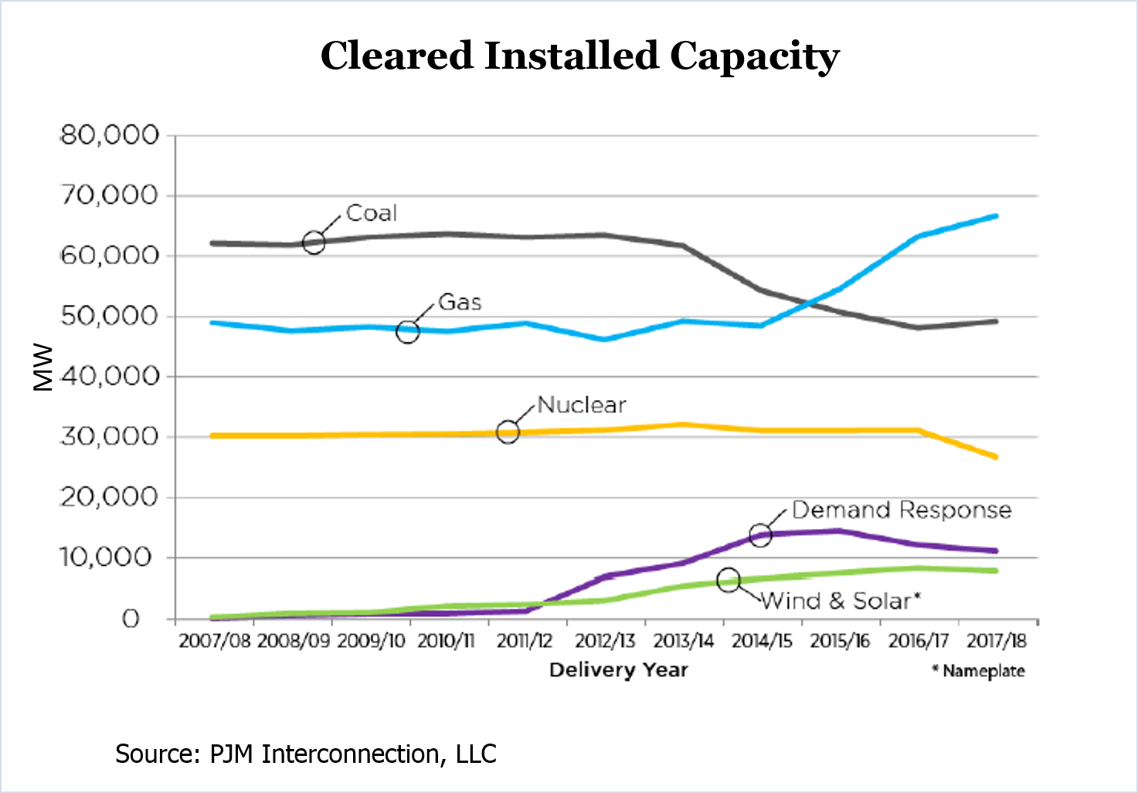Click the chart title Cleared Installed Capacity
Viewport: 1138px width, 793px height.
[579, 56]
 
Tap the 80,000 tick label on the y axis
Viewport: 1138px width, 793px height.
[109, 135]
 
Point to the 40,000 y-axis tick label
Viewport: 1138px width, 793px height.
[109, 377]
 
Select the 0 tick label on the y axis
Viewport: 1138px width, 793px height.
[131, 618]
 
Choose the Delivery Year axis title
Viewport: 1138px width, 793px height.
[618, 669]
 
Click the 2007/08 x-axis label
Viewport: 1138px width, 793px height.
[214, 641]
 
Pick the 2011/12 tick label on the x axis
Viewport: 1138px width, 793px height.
[525, 641]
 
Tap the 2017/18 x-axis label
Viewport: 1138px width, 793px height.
[997, 641]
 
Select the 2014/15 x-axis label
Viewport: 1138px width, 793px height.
[762, 641]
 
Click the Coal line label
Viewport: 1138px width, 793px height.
[371, 213]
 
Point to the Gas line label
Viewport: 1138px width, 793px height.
[460, 302]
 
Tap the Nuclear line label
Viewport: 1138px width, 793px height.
[581, 405]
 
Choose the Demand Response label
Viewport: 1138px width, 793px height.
[902, 510]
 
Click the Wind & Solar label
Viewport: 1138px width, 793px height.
[841, 601]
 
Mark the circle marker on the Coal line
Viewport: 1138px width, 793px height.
[314, 242]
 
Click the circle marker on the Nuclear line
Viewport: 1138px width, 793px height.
[508, 432]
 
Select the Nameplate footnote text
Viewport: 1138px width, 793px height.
[979, 671]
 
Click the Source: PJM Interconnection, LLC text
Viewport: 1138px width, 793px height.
[306, 754]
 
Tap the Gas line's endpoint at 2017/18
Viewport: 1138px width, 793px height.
[995, 216]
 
